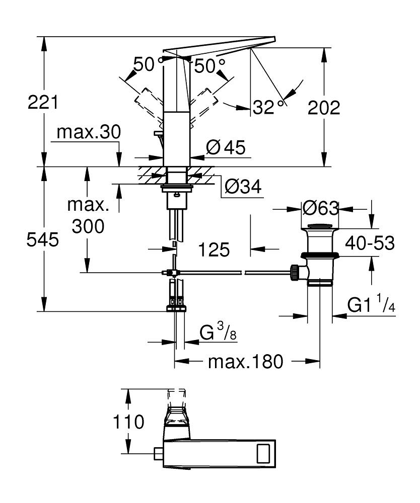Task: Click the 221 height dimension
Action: [x=43, y=103]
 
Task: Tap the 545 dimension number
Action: [x=43, y=240]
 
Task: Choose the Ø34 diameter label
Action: [x=243, y=187]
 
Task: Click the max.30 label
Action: [x=89, y=133]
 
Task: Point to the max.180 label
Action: [x=247, y=361]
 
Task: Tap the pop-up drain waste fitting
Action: [x=319, y=254]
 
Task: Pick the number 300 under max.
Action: [x=88, y=226]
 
